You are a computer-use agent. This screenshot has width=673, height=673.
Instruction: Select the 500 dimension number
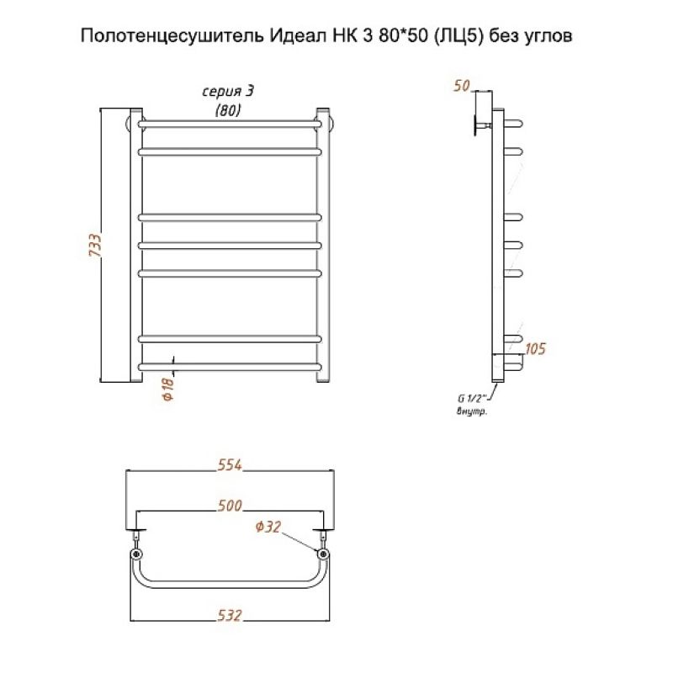point(229,506)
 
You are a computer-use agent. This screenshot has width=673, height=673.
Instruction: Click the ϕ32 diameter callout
point(268,527)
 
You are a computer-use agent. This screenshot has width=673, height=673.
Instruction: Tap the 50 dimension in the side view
point(460,85)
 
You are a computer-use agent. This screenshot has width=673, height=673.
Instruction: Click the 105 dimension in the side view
point(535,348)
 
